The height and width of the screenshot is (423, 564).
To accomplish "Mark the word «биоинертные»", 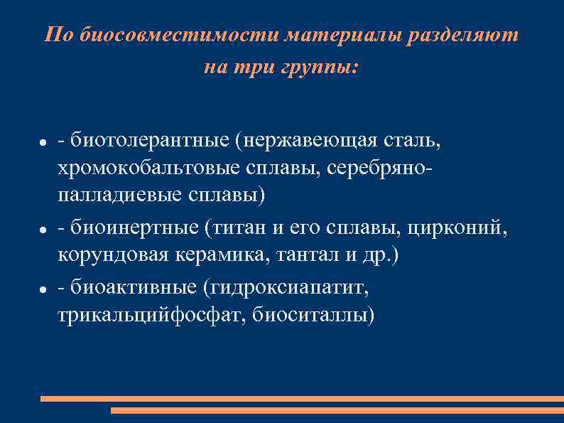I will [135, 228].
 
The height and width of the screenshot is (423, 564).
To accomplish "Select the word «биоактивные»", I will [134, 288].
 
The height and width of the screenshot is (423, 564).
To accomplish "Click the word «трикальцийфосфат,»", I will [151, 315].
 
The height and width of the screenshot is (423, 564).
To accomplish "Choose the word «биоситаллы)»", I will [313, 315].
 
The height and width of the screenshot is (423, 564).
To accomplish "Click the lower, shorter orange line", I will [337, 410].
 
